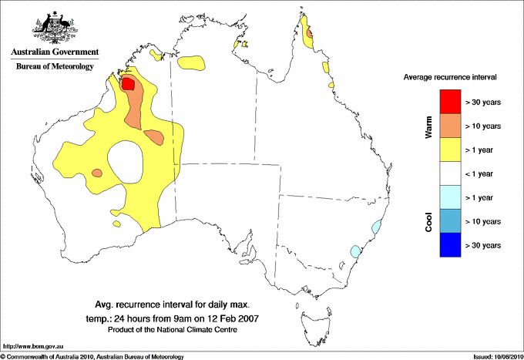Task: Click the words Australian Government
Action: pyautogui.click(x=54, y=52)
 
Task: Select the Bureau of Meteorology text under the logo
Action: pyautogui.click(x=54, y=66)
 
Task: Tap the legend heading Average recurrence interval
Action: pyautogui.click(x=450, y=78)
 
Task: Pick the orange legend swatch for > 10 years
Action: pyautogui.click(x=449, y=126)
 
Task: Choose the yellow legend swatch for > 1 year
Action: pyautogui.click(x=449, y=150)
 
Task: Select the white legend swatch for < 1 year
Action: pyautogui.click(x=449, y=173)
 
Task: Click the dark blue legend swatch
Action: pyautogui.click(x=449, y=245)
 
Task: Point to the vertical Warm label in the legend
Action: pyautogui.click(x=428, y=126)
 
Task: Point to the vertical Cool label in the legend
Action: pyautogui.click(x=428, y=221)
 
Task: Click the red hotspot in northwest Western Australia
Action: pyautogui.click(x=129, y=83)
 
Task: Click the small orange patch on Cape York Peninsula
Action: pyautogui.click(x=310, y=33)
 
